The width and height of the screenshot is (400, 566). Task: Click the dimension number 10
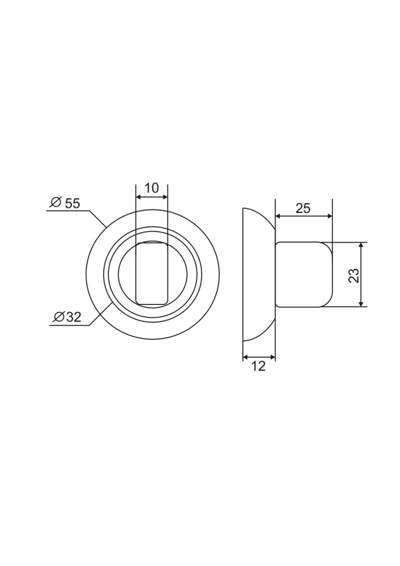click(152, 188)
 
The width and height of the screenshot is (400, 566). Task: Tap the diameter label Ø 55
click(65, 203)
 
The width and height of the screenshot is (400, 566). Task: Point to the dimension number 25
click(302, 208)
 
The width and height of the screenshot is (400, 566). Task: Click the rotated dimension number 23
click(355, 275)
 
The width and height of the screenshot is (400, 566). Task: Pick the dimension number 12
click(259, 366)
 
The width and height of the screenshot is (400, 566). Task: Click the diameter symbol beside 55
click(56, 202)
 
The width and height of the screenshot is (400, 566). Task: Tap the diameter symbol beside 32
click(59, 317)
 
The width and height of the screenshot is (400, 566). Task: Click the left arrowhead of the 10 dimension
click(138, 197)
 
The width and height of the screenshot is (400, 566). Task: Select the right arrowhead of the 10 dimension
click(165, 197)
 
